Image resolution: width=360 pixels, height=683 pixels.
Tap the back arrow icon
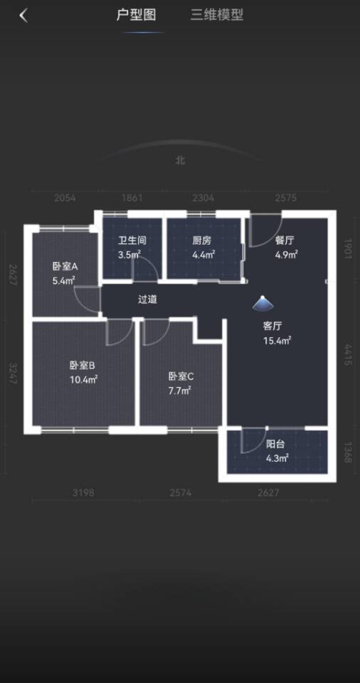click(23, 16)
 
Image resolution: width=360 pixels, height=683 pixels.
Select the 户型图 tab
click(136, 15)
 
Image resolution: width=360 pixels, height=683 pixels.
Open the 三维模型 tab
click(216, 15)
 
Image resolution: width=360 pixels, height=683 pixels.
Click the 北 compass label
click(180, 160)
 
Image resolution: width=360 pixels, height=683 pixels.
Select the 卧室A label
click(65, 267)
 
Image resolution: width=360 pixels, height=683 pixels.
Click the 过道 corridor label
click(148, 300)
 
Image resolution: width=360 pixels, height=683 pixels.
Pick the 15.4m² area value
click(277, 341)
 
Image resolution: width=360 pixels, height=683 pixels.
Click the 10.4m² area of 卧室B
click(83, 380)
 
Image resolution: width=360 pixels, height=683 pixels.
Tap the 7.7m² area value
click(180, 391)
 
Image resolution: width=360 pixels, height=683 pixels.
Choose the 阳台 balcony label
click(275, 445)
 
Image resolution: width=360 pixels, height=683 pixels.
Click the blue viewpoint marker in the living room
click(263, 304)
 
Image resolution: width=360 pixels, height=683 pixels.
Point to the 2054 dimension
click(65, 198)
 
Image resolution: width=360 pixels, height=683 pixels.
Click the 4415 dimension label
click(347, 355)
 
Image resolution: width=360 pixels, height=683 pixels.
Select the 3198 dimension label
click(83, 493)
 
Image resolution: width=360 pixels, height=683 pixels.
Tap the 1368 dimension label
click(347, 452)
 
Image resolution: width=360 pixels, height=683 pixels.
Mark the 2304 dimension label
click(203, 198)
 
